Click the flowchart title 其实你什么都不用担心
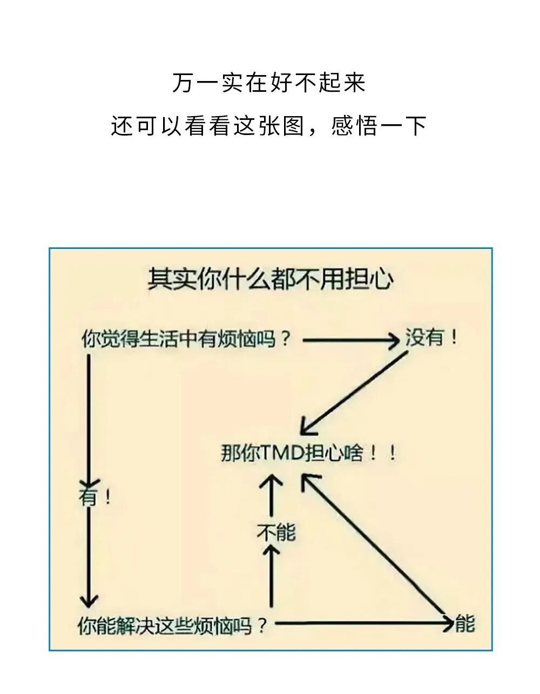(x=271, y=280)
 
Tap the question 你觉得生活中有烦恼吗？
(x=186, y=340)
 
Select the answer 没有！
(x=431, y=339)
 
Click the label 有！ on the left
(x=94, y=496)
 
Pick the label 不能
(x=276, y=533)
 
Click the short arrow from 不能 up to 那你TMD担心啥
(x=271, y=495)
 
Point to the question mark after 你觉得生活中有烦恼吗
(x=286, y=340)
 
